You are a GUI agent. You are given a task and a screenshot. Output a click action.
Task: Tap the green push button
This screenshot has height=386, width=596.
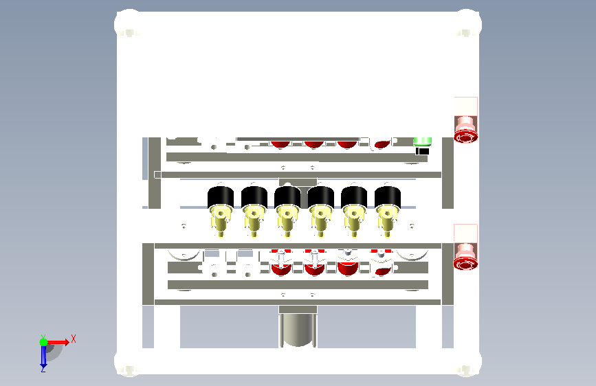[x=422, y=141]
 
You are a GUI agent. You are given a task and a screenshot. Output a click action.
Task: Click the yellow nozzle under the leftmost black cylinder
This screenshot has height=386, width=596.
[x=221, y=221]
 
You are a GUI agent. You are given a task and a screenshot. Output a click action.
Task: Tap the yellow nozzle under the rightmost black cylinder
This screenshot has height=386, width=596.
[x=387, y=221]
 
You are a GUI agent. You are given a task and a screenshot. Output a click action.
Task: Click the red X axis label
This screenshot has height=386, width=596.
[x=74, y=339]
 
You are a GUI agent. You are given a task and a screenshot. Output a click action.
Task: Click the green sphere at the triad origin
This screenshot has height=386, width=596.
[x=44, y=342]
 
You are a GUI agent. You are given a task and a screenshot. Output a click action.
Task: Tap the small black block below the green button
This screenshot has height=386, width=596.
[x=422, y=151]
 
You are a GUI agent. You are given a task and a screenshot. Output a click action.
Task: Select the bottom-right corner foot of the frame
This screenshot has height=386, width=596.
[x=466, y=363]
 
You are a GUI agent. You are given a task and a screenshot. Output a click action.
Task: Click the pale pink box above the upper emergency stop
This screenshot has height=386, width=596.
[x=466, y=106]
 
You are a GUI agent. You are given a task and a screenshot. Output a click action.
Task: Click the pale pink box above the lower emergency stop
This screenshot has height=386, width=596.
[x=465, y=234]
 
